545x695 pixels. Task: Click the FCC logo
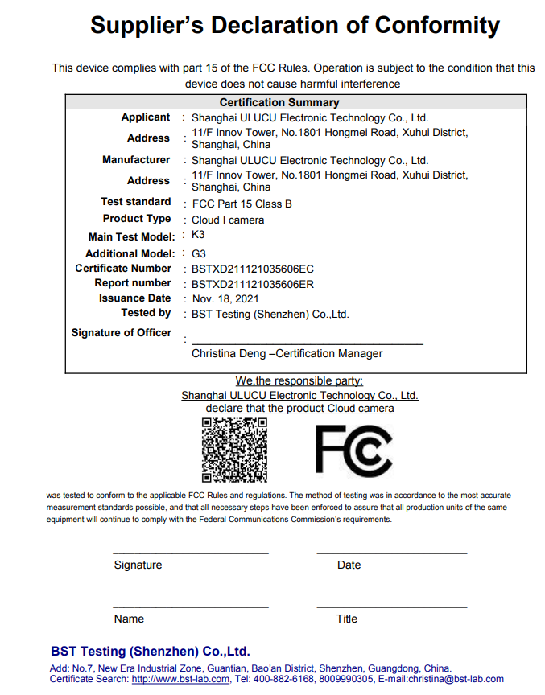point(353,449)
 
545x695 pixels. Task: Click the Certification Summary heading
point(279,102)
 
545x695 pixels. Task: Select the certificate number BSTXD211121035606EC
point(252,269)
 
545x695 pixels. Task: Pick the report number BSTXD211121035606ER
point(252,284)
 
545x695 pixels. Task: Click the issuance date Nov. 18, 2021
point(228,298)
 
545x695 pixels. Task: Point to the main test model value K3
point(198,236)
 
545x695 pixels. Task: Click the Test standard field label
point(136,202)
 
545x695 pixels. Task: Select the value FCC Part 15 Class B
point(242,204)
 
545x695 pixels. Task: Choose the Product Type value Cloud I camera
point(228,220)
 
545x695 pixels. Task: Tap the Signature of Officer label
point(122,333)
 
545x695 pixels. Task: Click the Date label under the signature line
point(349,565)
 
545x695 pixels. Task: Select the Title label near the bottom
point(347,619)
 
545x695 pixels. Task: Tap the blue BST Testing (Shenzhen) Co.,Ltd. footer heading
point(150,651)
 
